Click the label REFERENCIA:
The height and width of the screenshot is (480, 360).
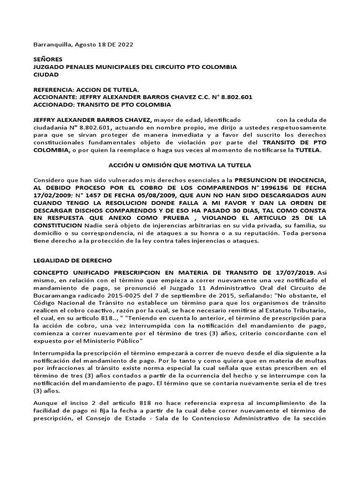[54, 90]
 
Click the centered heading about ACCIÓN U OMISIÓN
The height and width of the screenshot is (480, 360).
[180, 165]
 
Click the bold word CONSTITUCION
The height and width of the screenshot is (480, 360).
[60, 226]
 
